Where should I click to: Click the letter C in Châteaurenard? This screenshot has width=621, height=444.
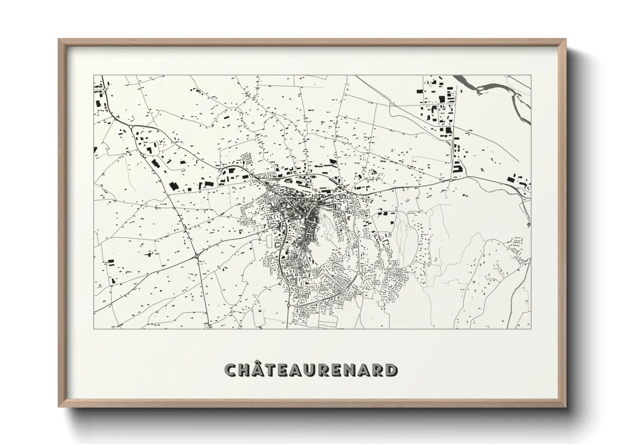coord(231,370)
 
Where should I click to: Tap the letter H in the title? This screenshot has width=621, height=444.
coord(245,370)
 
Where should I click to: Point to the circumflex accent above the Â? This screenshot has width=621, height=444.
coord(259,364)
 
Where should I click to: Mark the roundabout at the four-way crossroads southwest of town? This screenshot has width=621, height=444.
coord(196,255)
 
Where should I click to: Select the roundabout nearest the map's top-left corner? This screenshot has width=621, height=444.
coord(106,89)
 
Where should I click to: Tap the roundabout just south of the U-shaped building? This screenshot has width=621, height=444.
coord(451,180)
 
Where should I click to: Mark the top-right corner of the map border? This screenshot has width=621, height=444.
coord(531,76)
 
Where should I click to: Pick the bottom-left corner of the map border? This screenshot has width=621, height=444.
coord(94,329)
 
